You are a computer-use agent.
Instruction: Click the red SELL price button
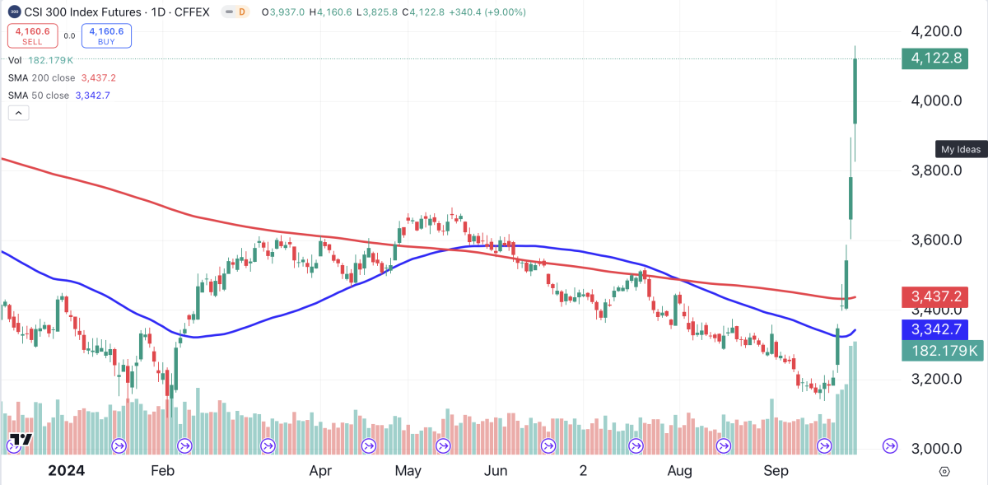click(32, 35)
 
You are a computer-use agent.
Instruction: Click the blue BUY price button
click(106, 35)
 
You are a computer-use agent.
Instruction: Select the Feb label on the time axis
click(162, 471)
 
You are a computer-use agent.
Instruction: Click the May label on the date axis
click(408, 471)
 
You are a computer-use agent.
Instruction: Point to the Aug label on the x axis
click(679, 471)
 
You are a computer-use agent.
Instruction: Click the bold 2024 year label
click(66, 471)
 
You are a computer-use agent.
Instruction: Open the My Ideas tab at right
click(961, 149)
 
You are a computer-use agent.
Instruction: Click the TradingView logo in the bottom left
click(21, 440)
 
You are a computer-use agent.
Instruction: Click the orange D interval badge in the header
click(241, 12)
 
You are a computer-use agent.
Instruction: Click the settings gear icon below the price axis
click(944, 472)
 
